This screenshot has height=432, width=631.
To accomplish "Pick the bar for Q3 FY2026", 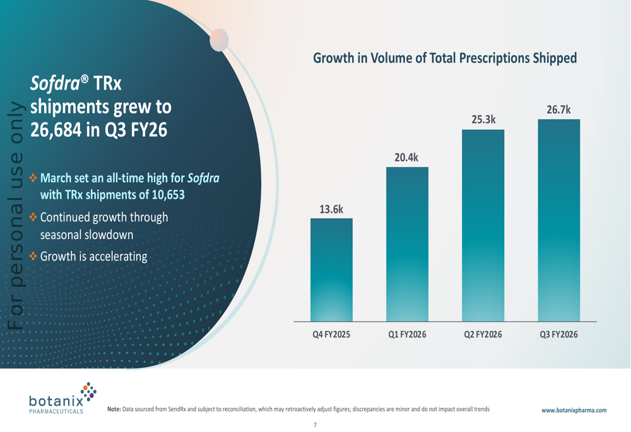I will [x=558, y=221].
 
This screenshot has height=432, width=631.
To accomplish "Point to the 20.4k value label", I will [x=407, y=158].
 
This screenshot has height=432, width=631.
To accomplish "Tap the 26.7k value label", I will [x=558, y=110].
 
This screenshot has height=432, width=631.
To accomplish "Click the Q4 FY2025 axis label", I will [x=331, y=335].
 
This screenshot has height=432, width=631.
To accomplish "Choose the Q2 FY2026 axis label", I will [x=483, y=335].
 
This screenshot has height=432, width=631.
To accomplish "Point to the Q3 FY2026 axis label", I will [x=558, y=335].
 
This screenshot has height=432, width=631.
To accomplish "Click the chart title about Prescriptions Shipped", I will [x=445, y=59].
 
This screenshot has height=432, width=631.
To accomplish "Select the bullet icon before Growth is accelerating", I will [x=34, y=257].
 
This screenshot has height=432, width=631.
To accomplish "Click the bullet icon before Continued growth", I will [x=34, y=218].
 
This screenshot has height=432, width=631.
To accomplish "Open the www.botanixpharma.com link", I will [x=574, y=410].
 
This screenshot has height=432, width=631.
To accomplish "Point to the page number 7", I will [x=315, y=425].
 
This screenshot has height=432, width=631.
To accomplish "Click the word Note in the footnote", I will [x=114, y=409].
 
